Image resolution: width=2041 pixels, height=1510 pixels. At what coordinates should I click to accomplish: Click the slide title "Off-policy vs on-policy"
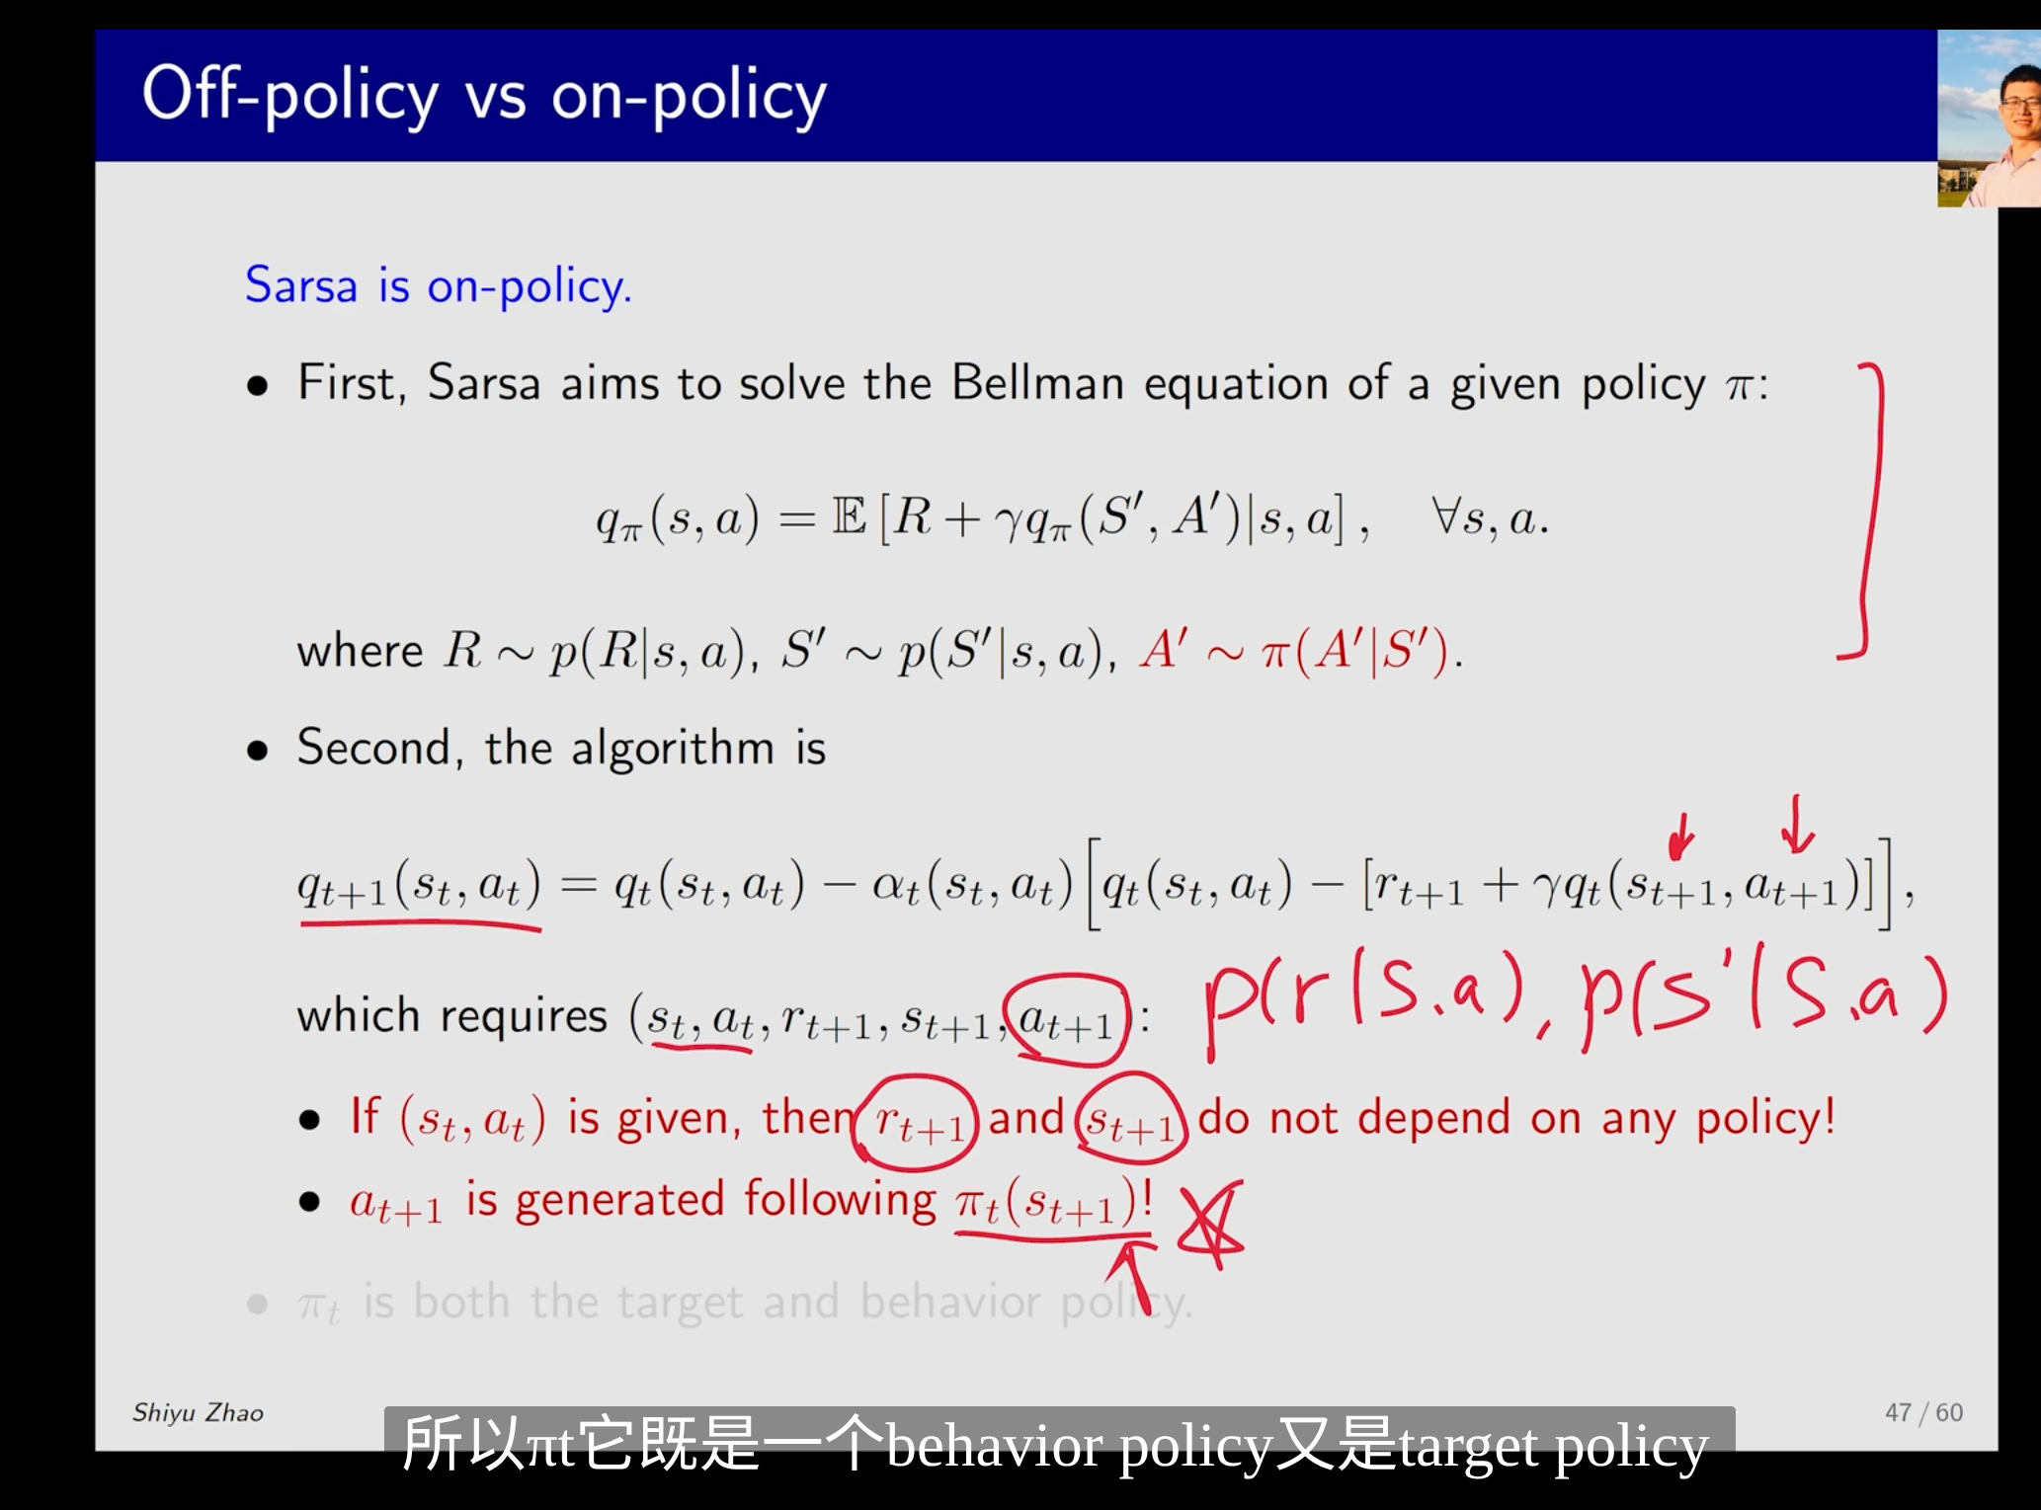[484, 97]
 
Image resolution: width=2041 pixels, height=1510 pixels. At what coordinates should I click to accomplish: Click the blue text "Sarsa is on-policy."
[438, 286]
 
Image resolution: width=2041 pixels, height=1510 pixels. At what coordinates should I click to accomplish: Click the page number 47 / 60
[1923, 1412]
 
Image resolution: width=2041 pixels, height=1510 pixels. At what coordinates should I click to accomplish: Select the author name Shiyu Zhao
[198, 1413]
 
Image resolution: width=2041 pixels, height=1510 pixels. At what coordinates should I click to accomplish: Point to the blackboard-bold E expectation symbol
[850, 517]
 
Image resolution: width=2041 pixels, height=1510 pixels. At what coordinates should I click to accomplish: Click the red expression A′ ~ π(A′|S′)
[1300, 651]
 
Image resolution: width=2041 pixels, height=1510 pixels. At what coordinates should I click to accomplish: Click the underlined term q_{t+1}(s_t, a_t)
[420, 885]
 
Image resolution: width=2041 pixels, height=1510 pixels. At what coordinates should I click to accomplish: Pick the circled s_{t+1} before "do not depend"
[1132, 1122]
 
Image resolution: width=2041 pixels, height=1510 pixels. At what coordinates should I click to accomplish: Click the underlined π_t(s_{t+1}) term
[1053, 1204]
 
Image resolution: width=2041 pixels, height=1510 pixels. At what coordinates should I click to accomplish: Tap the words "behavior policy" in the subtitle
[1077, 1446]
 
